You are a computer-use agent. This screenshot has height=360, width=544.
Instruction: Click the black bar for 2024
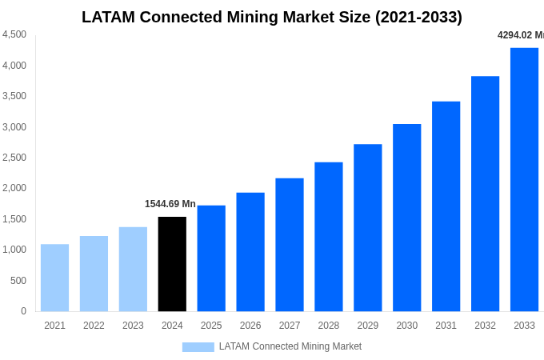click(x=172, y=264)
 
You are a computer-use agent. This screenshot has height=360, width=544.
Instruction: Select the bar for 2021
click(x=54, y=278)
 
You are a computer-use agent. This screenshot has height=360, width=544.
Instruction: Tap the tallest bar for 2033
click(x=524, y=179)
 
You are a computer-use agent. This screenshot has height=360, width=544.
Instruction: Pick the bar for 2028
click(x=329, y=237)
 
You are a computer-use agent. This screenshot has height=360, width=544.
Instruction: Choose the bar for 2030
click(x=406, y=218)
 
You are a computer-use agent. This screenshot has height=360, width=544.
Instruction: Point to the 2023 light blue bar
click(x=133, y=269)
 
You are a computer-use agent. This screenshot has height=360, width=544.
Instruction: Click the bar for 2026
click(x=250, y=252)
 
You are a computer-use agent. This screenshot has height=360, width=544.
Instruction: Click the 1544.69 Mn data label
click(x=170, y=204)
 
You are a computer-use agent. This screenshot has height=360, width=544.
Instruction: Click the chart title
click(x=272, y=17)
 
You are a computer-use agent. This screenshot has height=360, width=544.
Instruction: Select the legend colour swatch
click(x=198, y=347)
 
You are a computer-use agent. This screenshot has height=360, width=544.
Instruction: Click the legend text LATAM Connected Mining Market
click(x=290, y=346)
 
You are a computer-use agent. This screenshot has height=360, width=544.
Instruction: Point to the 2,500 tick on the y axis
click(x=14, y=158)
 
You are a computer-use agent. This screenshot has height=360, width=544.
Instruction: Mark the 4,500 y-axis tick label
click(x=14, y=34)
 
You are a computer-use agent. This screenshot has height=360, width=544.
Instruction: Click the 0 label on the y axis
click(x=23, y=311)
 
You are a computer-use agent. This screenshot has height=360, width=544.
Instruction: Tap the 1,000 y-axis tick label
click(x=14, y=250)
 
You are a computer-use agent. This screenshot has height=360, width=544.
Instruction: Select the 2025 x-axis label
click(x=211, y=326)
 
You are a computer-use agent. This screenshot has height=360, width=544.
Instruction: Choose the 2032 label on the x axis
click(x=485, y=326)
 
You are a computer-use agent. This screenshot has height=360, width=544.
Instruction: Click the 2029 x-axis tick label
click(x=368, y=326)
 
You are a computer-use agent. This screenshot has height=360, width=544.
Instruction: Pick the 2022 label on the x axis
click(x=94, y=326)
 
